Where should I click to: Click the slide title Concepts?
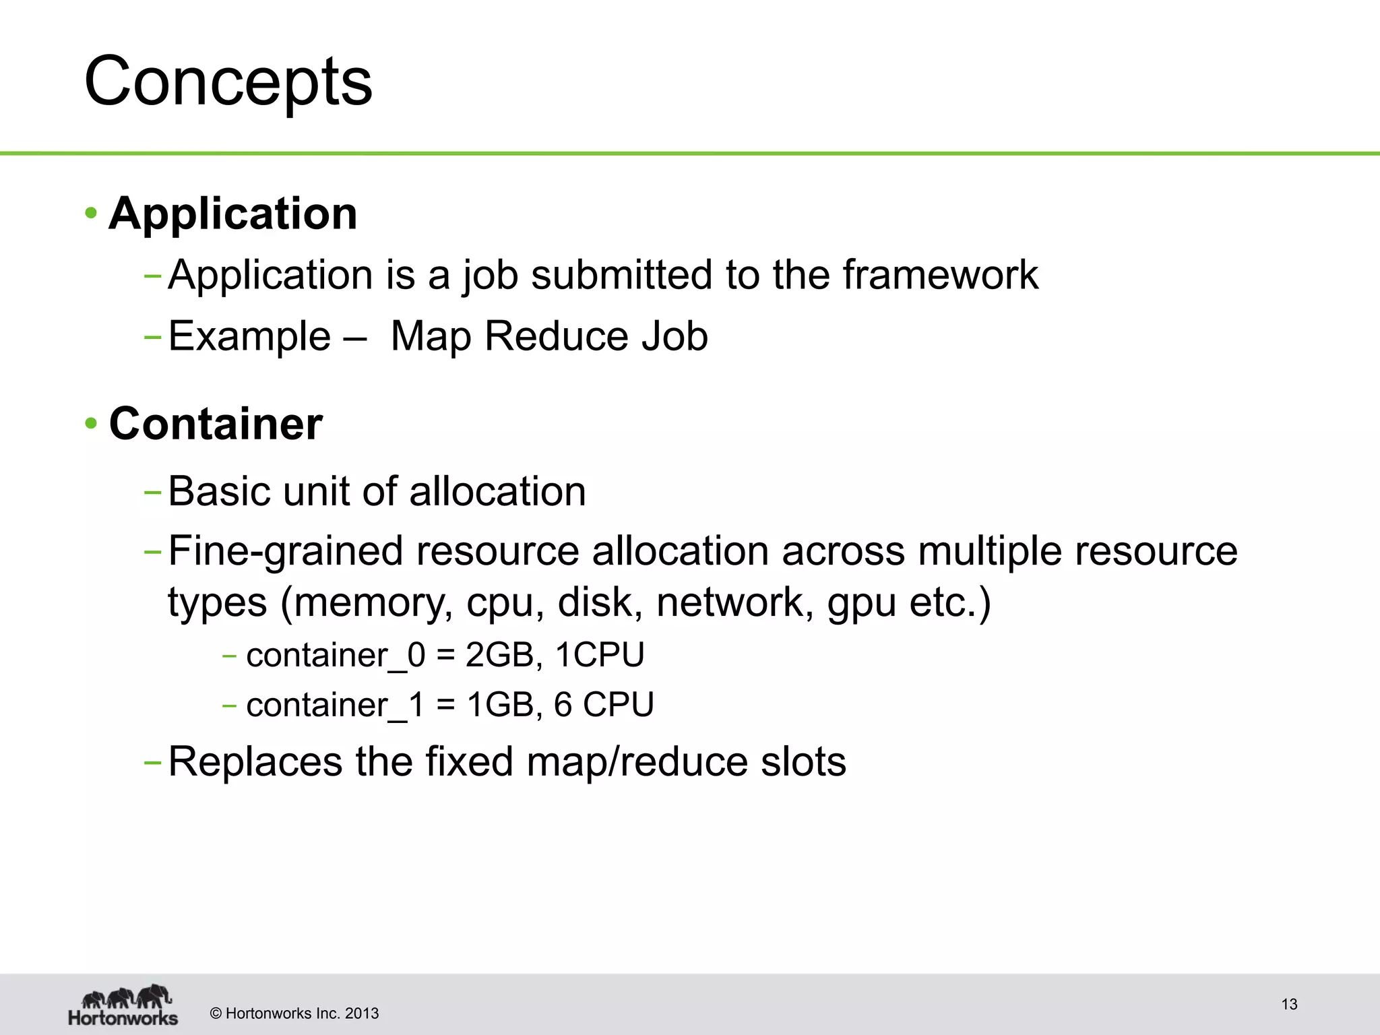pyautogui.click(x=228, y=82)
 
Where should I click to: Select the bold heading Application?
pyautogui.click(x=233, y=214)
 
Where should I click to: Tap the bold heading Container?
pyautogui.click(x=216, y=424)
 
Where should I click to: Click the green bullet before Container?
pyautogui.click(x=91, y=425)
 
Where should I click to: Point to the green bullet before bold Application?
pyautogui.click(x=91, y=214)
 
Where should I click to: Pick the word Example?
pyautogui.click(x=249, y=336)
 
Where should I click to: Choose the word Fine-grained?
pyautogui.click(x=286, y=551)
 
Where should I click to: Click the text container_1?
pyautogui.click(x=336, y=705)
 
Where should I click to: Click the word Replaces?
pyautogui.click(x=255, y=762)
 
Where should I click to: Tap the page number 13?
pyautogui.click(x=1289, y=1005)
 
